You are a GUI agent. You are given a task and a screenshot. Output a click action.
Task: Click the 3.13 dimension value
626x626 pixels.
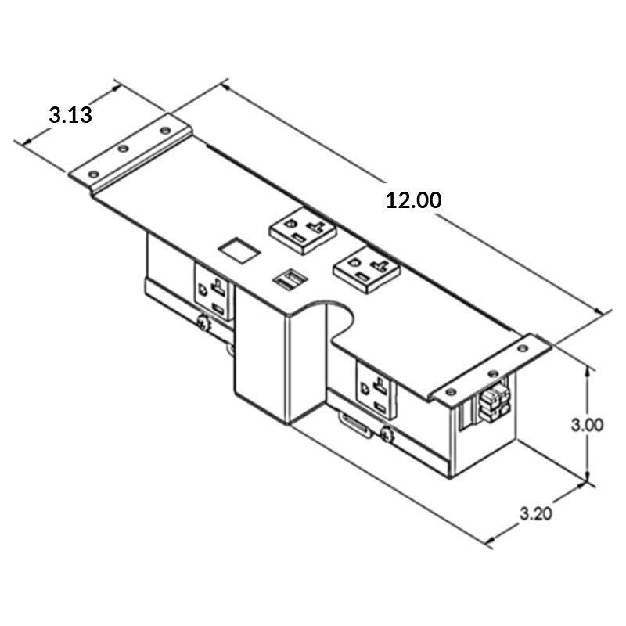[x=70, y=115]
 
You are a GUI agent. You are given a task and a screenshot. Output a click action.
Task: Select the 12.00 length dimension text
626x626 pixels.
[x=413, y=200]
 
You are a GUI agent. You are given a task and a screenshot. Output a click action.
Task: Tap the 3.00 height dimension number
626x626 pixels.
[x=586, y=426]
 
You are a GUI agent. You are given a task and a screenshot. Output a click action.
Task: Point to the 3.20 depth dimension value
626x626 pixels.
[x=537, y=514]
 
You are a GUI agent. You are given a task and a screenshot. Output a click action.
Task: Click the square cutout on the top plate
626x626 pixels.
[x=239, y=250]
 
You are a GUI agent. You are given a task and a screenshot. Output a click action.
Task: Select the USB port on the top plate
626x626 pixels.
[x=289, y=279]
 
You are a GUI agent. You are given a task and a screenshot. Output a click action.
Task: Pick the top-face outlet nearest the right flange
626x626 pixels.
[x=366, y=268]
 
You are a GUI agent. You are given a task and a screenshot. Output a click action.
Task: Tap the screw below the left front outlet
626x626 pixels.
[x=203, y=322]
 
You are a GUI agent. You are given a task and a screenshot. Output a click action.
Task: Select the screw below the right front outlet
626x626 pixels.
[x=387, y=434]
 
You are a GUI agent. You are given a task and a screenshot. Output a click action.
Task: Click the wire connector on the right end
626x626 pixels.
[x=493, y=401]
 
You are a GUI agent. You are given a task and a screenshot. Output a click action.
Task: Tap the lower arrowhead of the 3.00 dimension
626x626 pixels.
[x=586, y=480]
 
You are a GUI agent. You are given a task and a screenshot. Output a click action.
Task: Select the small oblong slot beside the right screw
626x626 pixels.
[x=354, y=426]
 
